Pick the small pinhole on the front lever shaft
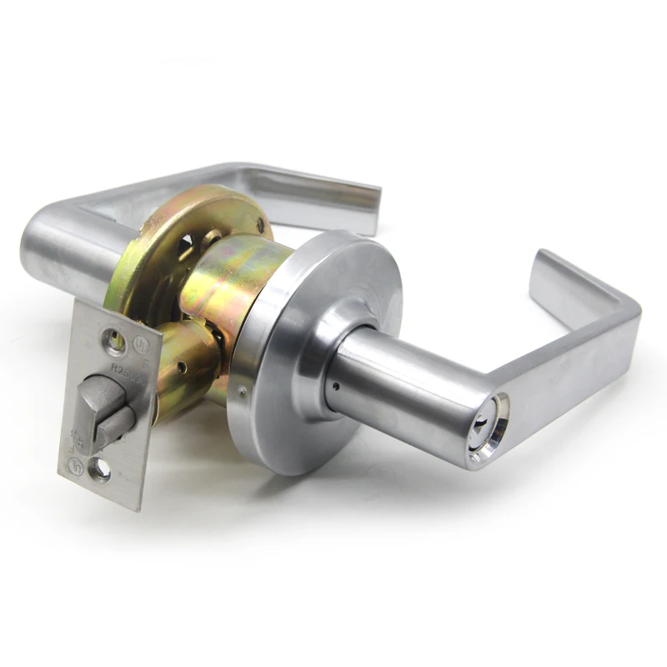pos(334,386)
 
